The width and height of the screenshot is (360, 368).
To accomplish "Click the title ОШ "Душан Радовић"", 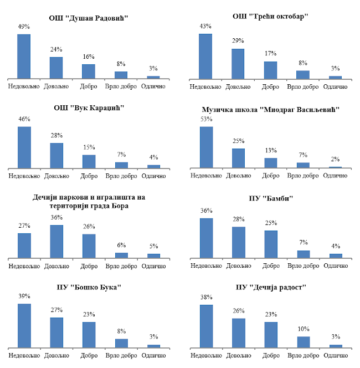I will click(89, 18).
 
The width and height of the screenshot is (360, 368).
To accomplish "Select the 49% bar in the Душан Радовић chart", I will click(24, 56).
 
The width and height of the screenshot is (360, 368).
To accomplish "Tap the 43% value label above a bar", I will click(205, 26).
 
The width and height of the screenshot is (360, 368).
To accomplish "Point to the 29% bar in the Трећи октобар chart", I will click(238, 64).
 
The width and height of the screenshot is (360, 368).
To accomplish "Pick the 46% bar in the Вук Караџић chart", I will click(24, 147).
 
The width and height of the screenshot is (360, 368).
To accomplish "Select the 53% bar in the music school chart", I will click(205, 147).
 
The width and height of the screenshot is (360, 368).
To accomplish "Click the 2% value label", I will click(336, 159).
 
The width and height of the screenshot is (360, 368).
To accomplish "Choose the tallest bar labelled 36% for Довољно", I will click(56, 241).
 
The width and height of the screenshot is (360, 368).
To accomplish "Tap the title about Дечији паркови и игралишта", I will click(89, 201).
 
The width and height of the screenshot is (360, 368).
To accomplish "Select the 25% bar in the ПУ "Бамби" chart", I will click(271, 244).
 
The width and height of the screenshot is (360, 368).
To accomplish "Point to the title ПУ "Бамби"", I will click(271, 198).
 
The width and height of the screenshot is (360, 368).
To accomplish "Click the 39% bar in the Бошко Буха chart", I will click(24, 325).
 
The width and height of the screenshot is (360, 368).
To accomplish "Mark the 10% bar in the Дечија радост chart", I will click(304, 342).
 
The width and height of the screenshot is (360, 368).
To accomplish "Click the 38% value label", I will click(205, 297).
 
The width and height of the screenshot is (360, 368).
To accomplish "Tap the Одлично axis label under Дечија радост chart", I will click(336, 355).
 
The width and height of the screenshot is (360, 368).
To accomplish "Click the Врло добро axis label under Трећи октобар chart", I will click(303, 86).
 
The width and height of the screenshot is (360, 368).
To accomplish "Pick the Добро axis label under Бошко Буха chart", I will click(89, 355).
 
